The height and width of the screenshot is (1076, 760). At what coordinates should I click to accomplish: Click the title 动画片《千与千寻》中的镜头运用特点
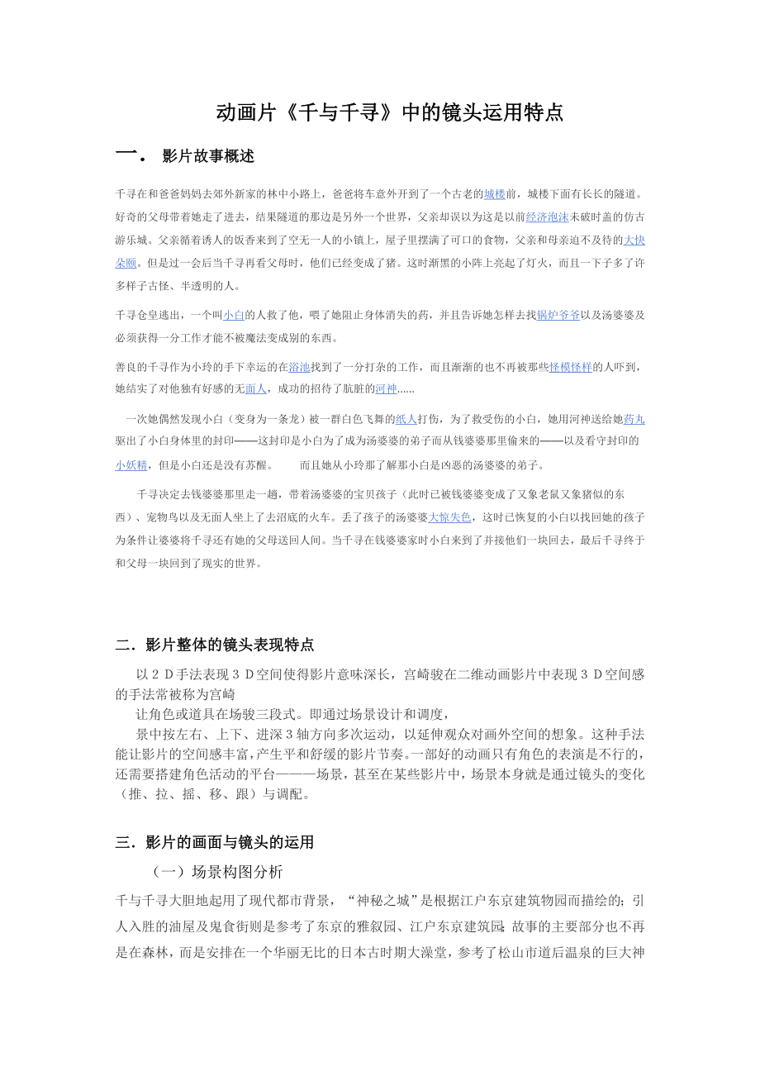tap(389, 112)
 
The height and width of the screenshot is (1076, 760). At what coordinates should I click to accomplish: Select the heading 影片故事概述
tap(208, 156)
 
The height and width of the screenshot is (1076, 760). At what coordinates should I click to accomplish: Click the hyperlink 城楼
tap(494, 194)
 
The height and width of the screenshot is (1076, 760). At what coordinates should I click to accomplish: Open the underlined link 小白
tap(234, 315)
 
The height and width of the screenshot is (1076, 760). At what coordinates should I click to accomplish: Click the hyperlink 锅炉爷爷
tap(558, 315)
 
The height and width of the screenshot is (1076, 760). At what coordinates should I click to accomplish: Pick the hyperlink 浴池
tap(298, 367)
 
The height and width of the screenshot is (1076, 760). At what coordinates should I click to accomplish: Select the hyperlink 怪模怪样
tap(570, 367)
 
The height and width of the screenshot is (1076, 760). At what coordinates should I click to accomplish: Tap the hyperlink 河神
tap(386, 389)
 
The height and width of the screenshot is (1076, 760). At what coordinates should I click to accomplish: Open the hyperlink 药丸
tap(634, 419)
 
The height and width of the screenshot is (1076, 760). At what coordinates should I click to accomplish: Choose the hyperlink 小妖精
tap(131, 464)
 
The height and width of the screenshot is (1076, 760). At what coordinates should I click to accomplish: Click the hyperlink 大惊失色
tap(449, 517)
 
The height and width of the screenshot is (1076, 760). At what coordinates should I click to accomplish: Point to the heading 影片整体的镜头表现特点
tap(229, 645)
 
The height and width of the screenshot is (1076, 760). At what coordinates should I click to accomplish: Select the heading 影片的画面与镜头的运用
tap(229, 843)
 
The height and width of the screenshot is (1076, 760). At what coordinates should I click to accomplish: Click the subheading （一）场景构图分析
tap(218, 872)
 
